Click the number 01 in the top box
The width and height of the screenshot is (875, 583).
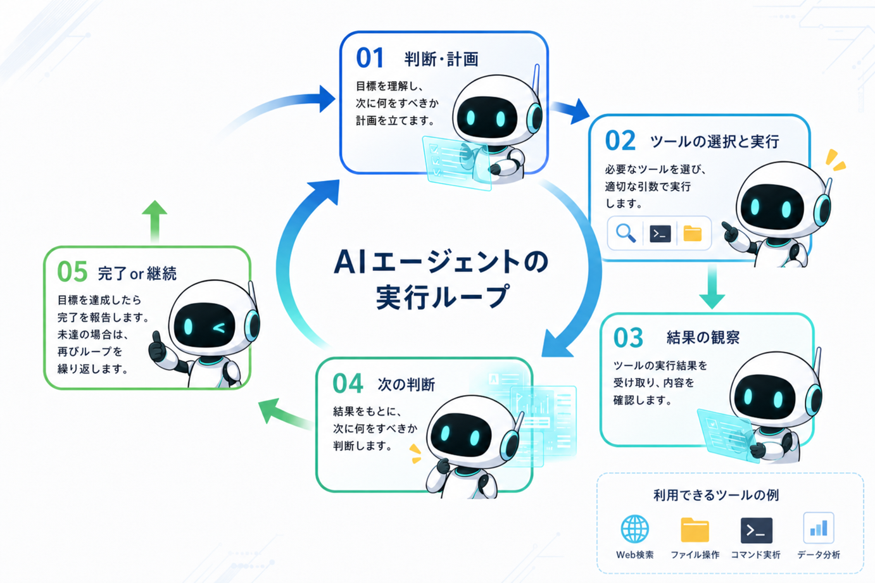(x=370, y=58)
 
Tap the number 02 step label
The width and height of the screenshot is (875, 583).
(x=620, y=141)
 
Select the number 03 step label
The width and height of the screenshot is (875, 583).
(x=628, y=338)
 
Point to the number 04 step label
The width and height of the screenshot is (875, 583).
(x=348, y=384)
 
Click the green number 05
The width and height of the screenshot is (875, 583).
(x=72, y=272)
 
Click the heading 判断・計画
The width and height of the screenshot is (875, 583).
(x=441, y=60)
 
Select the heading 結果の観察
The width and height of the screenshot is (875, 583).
(x=703, y=337)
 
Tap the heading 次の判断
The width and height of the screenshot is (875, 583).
(x=406, y=385)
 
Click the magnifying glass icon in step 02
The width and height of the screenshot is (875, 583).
(x=626, y=234)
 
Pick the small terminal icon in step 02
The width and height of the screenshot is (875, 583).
(x=660, y=234)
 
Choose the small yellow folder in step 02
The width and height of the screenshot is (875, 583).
(x=693, y=234)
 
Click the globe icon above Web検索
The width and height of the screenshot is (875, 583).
(x=635, y=529)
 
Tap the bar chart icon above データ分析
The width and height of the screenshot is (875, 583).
(x=819, y=528)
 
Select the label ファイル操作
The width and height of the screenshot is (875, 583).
(x=695, y=555)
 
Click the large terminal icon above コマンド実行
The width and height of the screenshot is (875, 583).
(x=756, y=530)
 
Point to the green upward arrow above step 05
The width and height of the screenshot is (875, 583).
(x=154, y=222)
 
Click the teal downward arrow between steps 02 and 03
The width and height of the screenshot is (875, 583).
(x=712, y=287)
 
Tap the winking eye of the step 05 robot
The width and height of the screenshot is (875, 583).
(x=220, y=328)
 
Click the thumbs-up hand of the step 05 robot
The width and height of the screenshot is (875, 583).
(x=158, y=347)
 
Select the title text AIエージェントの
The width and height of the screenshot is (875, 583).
(x=441, y=261)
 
